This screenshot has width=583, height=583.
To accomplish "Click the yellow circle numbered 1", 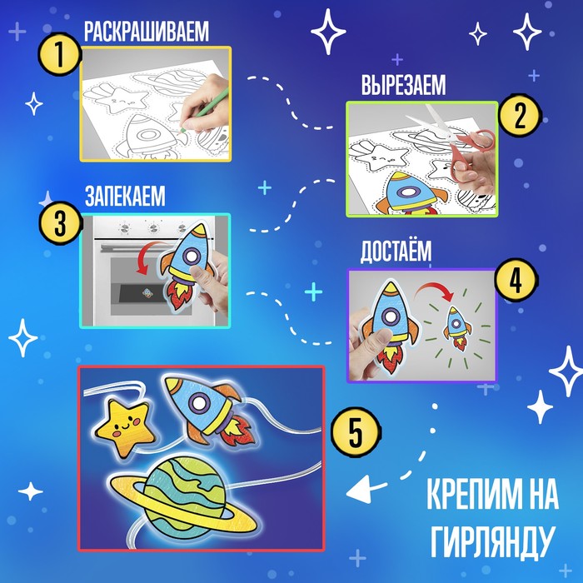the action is point(59,55).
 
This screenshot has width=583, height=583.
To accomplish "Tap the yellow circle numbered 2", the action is point(520,115).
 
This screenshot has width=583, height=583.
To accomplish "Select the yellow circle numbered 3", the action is point(61,222).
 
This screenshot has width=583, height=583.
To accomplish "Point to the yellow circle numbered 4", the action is point(516,282).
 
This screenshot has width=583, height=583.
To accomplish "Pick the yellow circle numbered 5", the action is point(356,432).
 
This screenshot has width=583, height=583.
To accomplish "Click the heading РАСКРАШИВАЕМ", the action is point(147,32).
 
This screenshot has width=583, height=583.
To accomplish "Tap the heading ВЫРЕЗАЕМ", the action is point(403,85).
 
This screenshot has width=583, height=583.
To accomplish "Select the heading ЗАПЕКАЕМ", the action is point(125,196).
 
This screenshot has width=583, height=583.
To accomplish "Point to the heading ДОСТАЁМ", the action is point(396,251).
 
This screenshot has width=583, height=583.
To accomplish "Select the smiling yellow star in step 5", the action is point(125,427).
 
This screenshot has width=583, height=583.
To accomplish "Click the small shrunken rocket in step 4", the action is point(456,327).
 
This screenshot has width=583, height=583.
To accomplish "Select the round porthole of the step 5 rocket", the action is point(200,402).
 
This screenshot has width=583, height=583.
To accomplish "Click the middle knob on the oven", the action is point(153,227).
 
